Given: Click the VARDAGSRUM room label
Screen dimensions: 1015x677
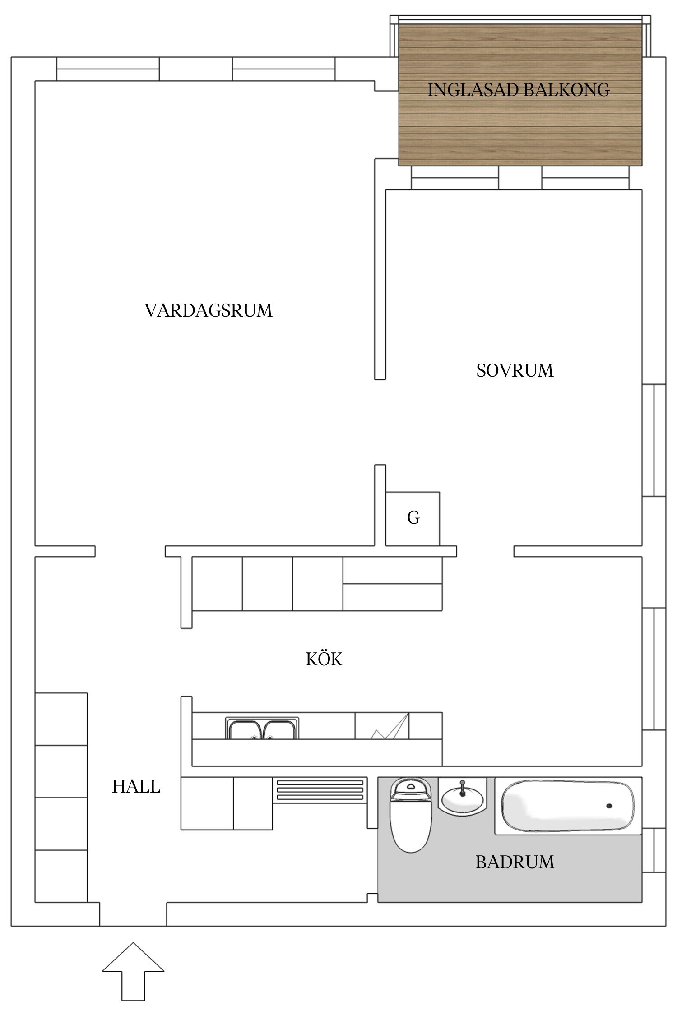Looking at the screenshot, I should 209,311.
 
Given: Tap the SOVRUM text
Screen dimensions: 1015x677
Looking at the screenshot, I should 515,370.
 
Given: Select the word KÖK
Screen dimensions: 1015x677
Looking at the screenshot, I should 324,660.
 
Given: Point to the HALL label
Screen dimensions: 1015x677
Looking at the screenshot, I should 136,787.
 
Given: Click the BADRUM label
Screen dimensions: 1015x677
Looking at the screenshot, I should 515,862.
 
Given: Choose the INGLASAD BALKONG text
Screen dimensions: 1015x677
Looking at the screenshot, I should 518,90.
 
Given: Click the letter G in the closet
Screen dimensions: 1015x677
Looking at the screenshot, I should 413,518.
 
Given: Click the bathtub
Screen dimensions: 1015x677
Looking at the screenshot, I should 568,806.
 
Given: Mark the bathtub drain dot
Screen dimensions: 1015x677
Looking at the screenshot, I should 609,806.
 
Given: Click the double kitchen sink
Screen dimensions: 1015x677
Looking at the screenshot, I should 262,728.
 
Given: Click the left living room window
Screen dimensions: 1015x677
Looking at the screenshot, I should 108,69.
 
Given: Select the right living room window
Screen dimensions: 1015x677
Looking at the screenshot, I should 284,69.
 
